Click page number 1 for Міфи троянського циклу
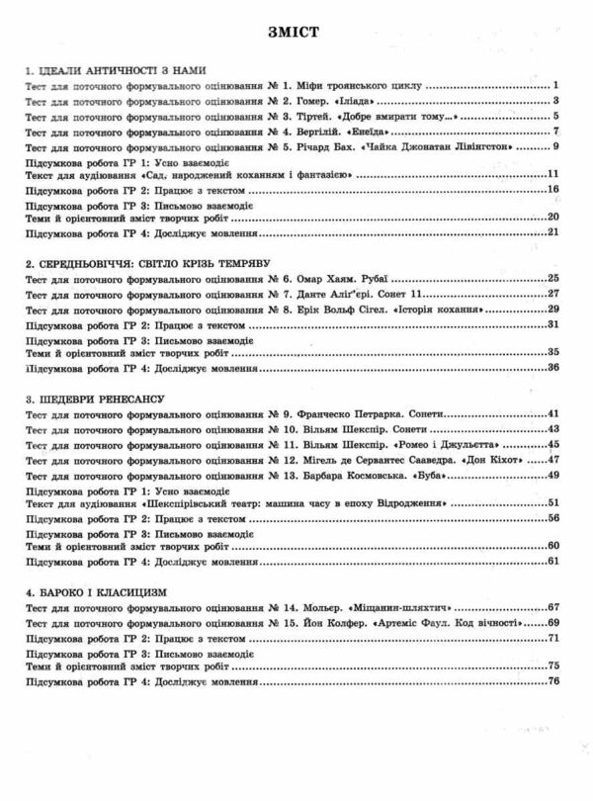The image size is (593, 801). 557,86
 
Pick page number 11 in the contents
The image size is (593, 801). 553,174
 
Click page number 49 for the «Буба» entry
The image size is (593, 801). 553,474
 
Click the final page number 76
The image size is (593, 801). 553,681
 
